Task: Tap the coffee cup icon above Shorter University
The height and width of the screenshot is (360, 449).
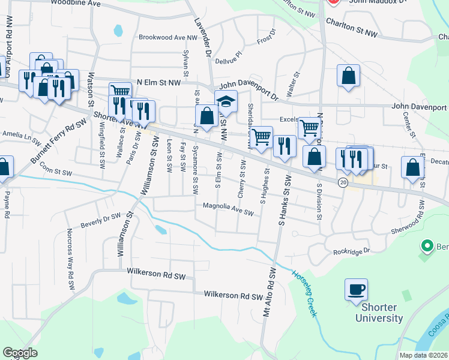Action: coord(356,290)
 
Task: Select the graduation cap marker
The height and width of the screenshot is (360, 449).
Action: coord(226,102)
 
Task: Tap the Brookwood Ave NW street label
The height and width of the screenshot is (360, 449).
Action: coord(167,37)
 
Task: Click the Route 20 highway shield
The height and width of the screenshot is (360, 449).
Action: coord(342,182)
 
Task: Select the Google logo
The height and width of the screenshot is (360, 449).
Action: coord(20,353)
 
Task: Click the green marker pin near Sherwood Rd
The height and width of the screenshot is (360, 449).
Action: coord(427,246)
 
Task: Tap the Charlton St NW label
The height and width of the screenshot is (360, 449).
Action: coord(352,29)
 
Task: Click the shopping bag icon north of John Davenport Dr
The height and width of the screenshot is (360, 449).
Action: coord(348,76)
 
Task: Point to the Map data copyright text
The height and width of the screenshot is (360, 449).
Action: coord(424,355)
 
